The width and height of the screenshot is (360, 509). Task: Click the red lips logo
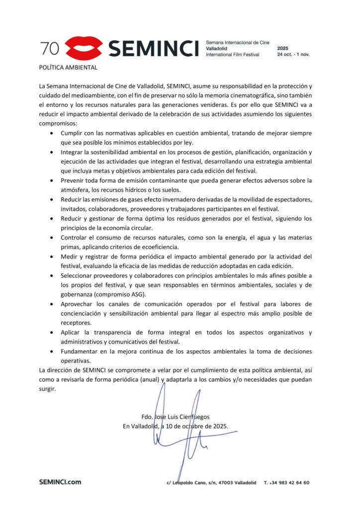[x=84, y=47]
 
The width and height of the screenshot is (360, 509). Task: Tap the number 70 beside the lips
[x=50, y=48]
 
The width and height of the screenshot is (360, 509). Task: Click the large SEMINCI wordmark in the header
[x=154, y=48]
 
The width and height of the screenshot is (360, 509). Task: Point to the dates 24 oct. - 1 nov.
[x=293, y=54]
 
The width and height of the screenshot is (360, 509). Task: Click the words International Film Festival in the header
[x=233, y=54]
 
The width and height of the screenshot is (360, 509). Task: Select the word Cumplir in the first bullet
[x=73, y=134]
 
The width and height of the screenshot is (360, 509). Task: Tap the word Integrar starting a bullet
[x=74, y=152]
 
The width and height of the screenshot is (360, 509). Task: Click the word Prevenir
[x=75, y=180]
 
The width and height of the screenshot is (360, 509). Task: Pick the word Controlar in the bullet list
[x=76, y=238]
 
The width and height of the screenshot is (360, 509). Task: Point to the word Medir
[x=70, y=256]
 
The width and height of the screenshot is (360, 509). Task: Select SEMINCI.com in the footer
[x=60, y=482]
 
